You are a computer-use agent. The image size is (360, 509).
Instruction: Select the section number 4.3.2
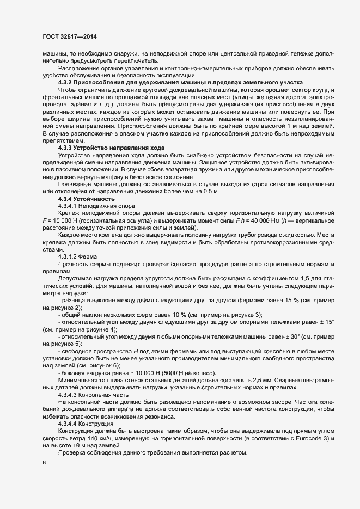pyautogui.click(x=67, y=82)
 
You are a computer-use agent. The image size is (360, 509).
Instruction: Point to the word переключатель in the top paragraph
pyautogui.click(x=137, y=61)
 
